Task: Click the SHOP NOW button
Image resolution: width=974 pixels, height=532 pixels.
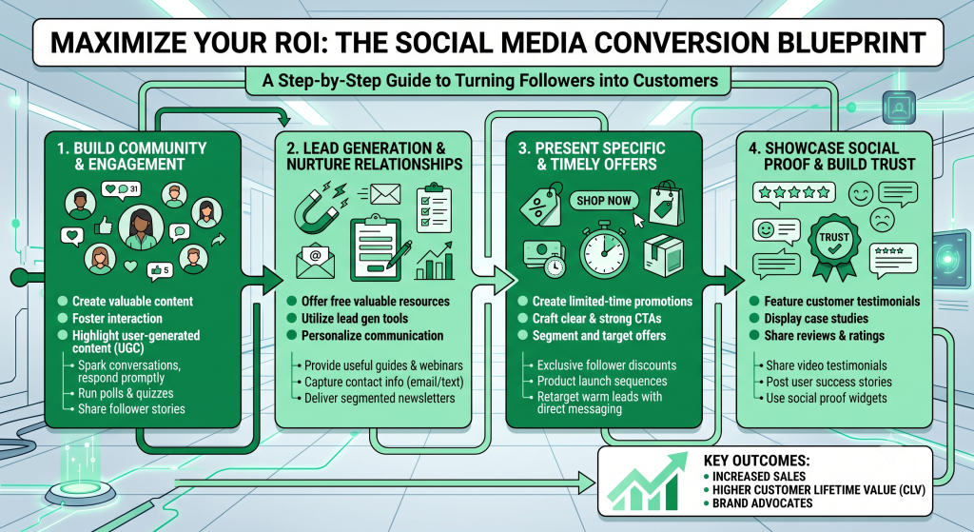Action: click(604, 200)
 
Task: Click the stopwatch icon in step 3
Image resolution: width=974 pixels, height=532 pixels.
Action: click(604, 250)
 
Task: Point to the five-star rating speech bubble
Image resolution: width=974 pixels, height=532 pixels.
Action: click(794, 193)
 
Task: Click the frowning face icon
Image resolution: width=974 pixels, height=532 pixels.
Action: click(882, 220)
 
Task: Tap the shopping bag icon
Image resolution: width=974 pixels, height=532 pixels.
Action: click(667, 204)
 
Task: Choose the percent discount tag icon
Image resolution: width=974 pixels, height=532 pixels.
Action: click(541, 205)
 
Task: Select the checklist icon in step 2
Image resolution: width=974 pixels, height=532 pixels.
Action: click(434, 208)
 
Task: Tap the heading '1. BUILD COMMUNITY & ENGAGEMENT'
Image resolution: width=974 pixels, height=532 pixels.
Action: click(131, 156)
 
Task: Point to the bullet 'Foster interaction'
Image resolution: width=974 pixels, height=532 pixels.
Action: click(117, 318)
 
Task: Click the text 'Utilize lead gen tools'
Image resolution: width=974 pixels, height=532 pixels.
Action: click(355, 318)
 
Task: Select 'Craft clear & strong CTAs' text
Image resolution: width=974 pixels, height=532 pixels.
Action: click(596, 318)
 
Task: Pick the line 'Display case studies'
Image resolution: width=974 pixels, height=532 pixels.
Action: click(815, 318)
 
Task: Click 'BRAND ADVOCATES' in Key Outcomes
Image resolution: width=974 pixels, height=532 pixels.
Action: click(762, 502)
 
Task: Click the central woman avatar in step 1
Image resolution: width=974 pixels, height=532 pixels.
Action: click(141, 227)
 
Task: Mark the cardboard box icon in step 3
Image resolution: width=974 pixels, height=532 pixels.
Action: click(663, 255)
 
